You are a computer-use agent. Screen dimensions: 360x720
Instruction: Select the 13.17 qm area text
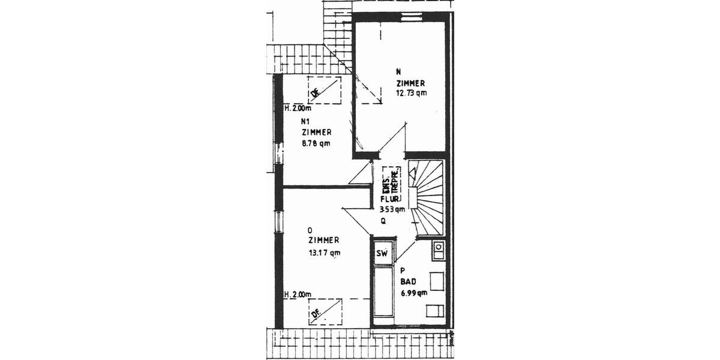324,253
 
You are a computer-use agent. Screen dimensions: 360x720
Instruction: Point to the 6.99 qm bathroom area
413,293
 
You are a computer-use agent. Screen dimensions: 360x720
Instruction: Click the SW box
382,254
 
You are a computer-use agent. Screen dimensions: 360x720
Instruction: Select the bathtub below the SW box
382,294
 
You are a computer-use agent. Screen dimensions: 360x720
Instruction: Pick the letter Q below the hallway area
382,221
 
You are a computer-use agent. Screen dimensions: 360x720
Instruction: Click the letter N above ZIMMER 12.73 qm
398,71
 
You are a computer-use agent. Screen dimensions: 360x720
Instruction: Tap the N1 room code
305,121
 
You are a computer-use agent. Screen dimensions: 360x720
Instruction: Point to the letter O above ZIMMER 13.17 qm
310,230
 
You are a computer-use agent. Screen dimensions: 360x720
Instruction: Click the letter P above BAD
403,271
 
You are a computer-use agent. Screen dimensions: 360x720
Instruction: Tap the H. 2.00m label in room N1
298,109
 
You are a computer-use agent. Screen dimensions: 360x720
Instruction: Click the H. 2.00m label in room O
298,294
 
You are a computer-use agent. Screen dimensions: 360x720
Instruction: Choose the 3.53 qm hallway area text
392,210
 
